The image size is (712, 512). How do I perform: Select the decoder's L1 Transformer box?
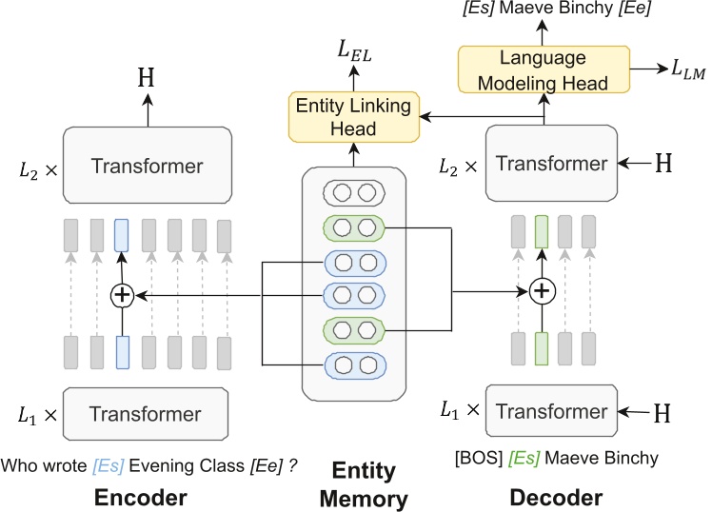(551, 412)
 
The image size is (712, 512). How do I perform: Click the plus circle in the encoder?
(121, 295)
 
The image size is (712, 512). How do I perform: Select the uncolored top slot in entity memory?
(352, 194)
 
